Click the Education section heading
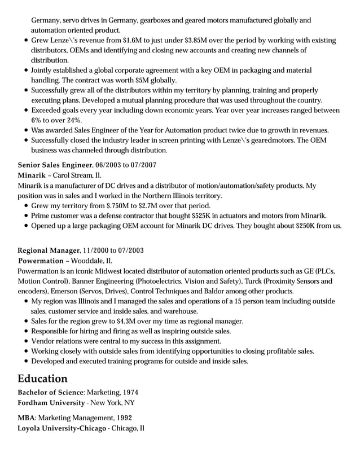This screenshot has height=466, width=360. (42, 378)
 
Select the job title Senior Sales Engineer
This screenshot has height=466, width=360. (55, 165)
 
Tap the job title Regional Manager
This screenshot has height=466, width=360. (49, 250)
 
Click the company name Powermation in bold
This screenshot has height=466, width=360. (41, 261)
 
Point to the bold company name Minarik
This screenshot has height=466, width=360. (32, 175)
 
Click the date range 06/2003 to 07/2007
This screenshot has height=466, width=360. (126, 165)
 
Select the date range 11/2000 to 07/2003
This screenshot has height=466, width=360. (113, 250)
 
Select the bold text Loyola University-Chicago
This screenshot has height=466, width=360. (62, 429)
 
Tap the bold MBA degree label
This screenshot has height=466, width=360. (26, 419)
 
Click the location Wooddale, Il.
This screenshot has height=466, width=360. (91, 261)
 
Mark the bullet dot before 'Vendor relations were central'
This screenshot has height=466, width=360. (27, 341)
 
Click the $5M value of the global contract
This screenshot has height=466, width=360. (141, 80)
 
